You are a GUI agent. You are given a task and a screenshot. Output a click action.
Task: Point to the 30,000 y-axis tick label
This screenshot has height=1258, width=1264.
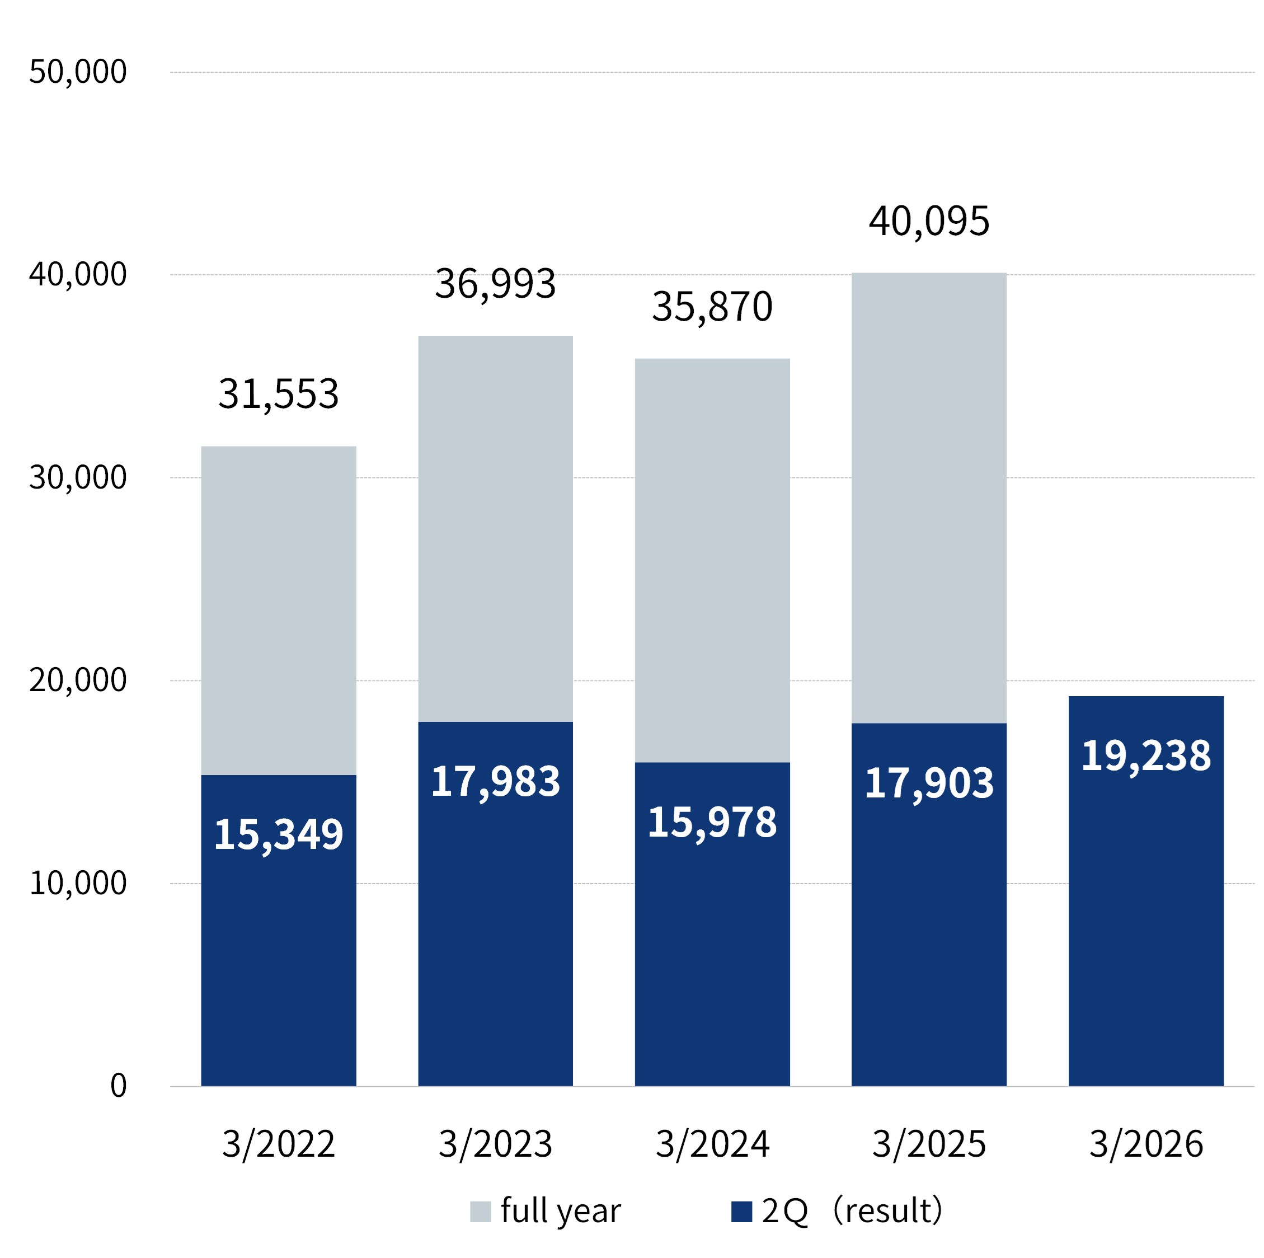point(77,477)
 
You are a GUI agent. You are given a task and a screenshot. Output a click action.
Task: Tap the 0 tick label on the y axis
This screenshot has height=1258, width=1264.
point(119,1086)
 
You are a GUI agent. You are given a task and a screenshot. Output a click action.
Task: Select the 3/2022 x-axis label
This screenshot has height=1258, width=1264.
point(278,1143)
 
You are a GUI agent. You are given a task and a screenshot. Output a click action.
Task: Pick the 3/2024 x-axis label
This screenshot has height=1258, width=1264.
point(712,1143)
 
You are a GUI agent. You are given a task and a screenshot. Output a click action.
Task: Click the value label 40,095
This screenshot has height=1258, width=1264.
point(928,221)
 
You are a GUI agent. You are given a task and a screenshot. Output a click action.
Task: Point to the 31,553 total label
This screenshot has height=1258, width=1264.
point(278,394)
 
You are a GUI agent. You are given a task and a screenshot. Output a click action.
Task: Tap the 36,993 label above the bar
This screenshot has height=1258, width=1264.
point(495,284)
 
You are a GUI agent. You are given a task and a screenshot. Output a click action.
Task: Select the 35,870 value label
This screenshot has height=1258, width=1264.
point(712,306)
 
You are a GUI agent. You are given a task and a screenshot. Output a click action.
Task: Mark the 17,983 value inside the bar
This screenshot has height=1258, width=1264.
point(495,781)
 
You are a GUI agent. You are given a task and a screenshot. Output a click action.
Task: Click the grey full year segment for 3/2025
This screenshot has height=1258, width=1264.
point(928,497)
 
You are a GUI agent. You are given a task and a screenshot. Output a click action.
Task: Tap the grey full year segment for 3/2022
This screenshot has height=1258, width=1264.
point(278,608)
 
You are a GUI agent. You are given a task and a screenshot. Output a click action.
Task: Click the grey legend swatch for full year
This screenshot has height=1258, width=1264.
point(480,1212)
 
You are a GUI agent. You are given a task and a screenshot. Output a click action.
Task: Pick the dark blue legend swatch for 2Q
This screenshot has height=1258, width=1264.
point(741,1212)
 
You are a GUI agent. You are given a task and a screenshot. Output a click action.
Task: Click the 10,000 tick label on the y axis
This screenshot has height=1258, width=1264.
point(77,883)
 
